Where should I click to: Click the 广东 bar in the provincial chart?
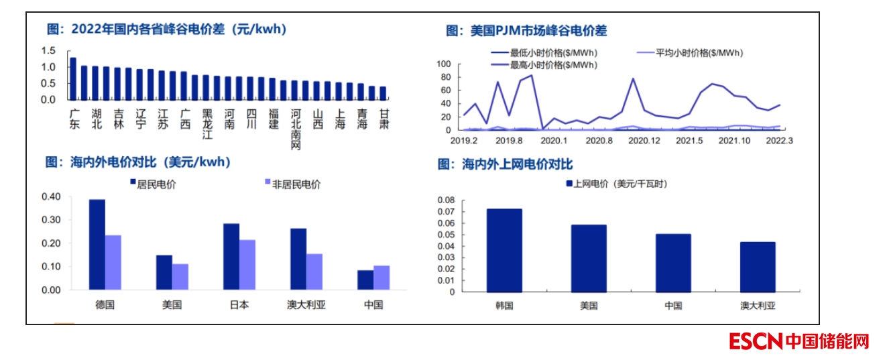(73, 78)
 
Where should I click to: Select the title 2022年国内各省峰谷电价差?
(166, 29)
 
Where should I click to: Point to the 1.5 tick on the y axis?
(48, 51)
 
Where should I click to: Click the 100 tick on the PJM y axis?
(445, 64)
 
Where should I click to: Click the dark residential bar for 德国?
(97, 245)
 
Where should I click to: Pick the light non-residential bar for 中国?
(381, 278)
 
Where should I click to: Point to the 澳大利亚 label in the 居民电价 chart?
(306, 304)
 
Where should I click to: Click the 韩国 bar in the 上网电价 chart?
(504, 250)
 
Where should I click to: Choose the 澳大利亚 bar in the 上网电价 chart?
(758, 267)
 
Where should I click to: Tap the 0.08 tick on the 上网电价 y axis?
(445, 200)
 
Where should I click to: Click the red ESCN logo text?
(755, 341)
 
